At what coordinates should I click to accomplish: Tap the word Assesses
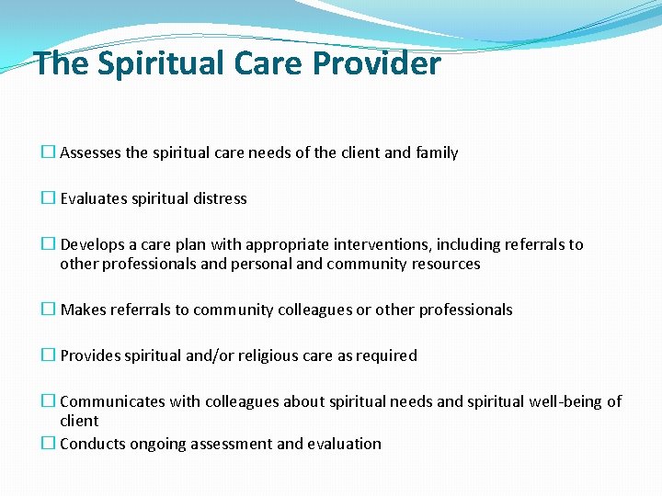coord(90,152)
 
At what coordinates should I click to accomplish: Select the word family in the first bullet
coord(437,152)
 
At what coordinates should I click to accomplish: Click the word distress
coord(221,198)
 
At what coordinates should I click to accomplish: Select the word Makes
coord(83,310)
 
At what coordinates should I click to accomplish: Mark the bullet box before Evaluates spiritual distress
coord(48,198)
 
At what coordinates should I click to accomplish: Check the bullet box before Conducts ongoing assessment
coord(48,444)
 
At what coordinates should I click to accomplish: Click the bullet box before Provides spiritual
coord(48,355)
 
